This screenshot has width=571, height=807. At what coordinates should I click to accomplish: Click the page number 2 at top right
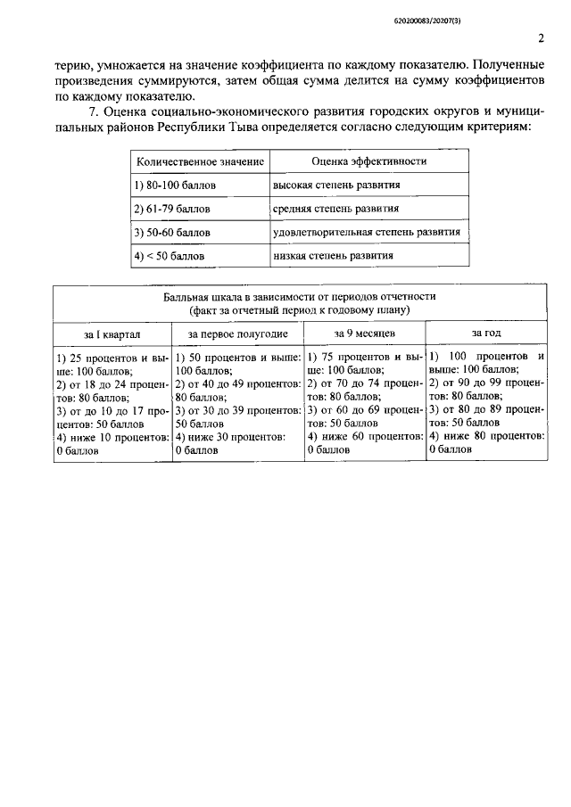coord(541,37)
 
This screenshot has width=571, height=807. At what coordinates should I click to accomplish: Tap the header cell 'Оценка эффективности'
coord(368,161)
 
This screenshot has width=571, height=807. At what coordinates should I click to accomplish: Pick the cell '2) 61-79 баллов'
coord(172,210)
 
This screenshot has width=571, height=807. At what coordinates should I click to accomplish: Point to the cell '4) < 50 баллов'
coord(170,256)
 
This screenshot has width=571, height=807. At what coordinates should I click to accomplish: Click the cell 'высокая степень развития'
coord(336,185)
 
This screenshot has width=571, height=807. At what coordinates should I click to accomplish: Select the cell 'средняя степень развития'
coord(335,210)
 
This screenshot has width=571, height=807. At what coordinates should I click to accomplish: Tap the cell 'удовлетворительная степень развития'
coord(366,232)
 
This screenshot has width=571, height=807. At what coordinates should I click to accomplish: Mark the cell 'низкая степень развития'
coord(333,255)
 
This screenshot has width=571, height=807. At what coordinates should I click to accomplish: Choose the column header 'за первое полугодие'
coord(237,334)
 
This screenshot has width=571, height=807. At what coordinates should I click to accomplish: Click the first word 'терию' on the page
coord(71,66)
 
